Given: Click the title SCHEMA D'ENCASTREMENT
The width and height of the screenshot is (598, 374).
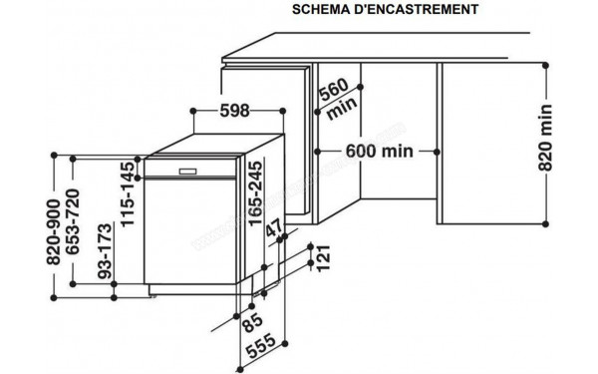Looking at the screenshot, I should coord(383,10).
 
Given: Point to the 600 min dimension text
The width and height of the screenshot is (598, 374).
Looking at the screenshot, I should coord(379,152).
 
